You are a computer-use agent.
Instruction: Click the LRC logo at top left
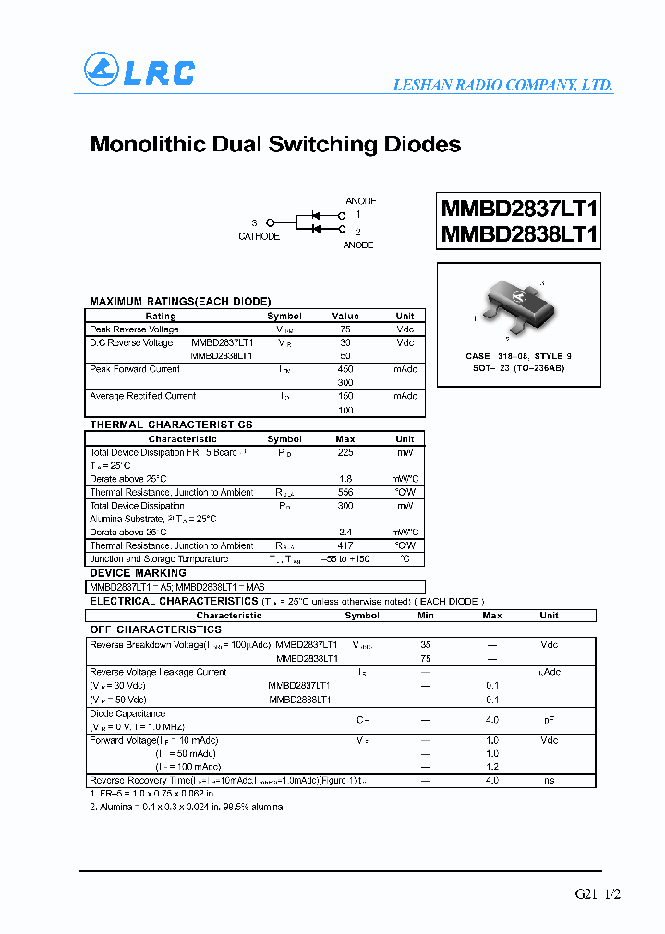[139, 71]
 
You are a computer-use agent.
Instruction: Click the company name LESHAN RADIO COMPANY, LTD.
[502, 84]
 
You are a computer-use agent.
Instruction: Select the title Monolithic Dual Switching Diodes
[275, 145]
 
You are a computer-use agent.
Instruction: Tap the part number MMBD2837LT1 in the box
[519, 209]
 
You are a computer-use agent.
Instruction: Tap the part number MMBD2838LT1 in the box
[519, 234]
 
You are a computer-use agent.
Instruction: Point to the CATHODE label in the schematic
[259, 237]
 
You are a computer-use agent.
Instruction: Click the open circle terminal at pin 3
[271, 222]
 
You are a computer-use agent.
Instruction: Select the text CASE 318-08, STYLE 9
[518, 356]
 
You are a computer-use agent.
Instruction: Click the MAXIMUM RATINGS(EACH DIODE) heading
[180, 302]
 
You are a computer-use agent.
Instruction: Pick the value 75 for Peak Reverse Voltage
[345, 329]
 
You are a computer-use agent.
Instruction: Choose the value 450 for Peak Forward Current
[345, 369]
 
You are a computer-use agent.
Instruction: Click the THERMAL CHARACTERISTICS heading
[171, 425]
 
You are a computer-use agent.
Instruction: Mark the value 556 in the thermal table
[345, 492]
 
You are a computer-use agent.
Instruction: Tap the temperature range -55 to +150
[345, 559]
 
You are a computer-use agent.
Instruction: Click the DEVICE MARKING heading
[135, 572]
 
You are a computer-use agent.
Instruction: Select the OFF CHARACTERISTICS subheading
[155, 629]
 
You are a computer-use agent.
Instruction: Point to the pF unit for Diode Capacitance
[549, 720]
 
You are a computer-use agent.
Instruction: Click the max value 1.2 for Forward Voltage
[492, 767]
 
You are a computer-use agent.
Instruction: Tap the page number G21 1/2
[598, 894]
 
